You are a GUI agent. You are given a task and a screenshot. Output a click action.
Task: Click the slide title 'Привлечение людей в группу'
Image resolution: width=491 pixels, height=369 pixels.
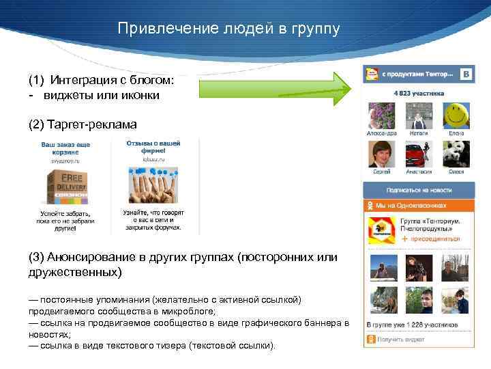point(228,29)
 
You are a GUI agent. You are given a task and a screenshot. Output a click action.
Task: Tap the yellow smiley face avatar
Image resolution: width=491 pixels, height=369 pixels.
point(456,113)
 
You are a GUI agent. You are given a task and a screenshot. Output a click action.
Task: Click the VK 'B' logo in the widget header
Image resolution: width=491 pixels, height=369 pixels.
point(466,73)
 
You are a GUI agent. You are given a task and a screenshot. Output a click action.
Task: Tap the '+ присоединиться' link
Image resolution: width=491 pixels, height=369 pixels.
point(430,239)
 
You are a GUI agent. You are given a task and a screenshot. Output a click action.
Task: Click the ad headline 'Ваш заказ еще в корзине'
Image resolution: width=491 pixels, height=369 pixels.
point(65,149)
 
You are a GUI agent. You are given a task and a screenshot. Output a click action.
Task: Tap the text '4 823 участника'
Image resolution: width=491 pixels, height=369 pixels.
point(419,93)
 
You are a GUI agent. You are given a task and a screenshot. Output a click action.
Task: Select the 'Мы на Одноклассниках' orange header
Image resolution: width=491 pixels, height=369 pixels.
point(417,204)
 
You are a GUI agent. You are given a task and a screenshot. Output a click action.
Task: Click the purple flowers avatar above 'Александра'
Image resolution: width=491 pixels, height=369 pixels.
point(381,115)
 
